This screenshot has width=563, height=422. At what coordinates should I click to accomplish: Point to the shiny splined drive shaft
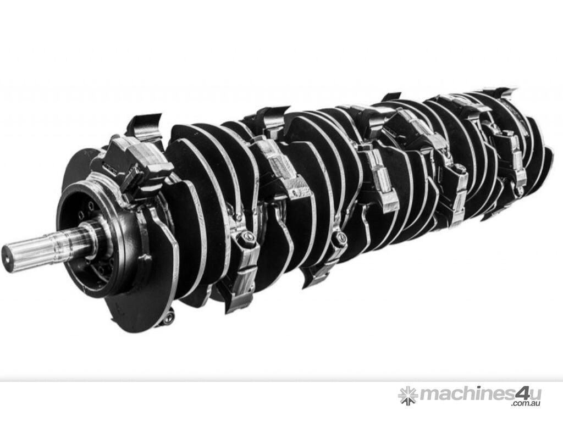tap(43, 243)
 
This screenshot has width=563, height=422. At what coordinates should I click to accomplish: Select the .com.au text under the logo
tap(526, 404)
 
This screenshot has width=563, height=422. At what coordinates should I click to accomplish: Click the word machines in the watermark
tap(467, 395)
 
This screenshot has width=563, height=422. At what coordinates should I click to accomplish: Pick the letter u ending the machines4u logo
tap(535, 395)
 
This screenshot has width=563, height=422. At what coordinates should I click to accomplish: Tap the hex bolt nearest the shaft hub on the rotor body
tap(247, 236)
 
